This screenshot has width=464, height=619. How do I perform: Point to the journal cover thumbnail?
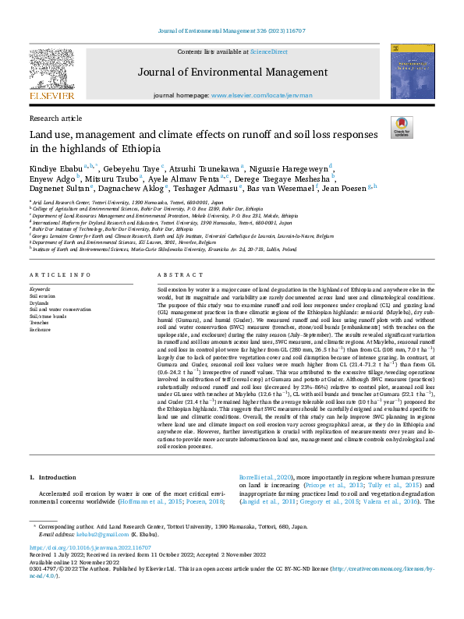(x=413, y=72)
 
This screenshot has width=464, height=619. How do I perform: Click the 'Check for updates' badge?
(x=402, y=128)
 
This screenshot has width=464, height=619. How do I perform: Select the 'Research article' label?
(x=55, y=118)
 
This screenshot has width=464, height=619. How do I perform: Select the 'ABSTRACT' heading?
(x=175, y=276)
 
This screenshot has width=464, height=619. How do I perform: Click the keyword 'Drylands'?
(x=41, y=304)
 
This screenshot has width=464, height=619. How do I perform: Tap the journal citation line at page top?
(x=232, y=30)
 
